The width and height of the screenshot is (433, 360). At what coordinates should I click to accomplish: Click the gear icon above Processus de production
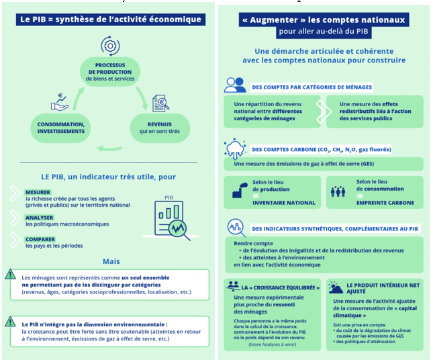pos(109,45)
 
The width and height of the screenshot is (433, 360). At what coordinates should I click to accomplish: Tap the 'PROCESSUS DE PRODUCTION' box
pos(110,72)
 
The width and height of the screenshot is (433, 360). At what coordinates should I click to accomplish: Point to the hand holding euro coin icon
pos(60,101)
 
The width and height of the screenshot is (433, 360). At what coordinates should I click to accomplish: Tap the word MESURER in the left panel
pos(38,192)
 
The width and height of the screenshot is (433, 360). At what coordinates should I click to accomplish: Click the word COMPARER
pos(40,238)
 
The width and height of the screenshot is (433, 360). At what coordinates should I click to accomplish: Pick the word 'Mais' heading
pos(111,261)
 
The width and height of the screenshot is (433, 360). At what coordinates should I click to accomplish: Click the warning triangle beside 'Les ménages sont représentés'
pos(11,274)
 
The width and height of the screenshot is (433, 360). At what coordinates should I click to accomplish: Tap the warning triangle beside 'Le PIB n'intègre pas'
pos(11,322)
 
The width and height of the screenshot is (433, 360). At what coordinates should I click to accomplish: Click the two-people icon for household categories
pos(235,85)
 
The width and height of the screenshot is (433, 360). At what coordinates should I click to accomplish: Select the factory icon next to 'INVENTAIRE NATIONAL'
pos(238,191)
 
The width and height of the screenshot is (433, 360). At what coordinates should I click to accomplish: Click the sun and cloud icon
pos(336,287)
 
